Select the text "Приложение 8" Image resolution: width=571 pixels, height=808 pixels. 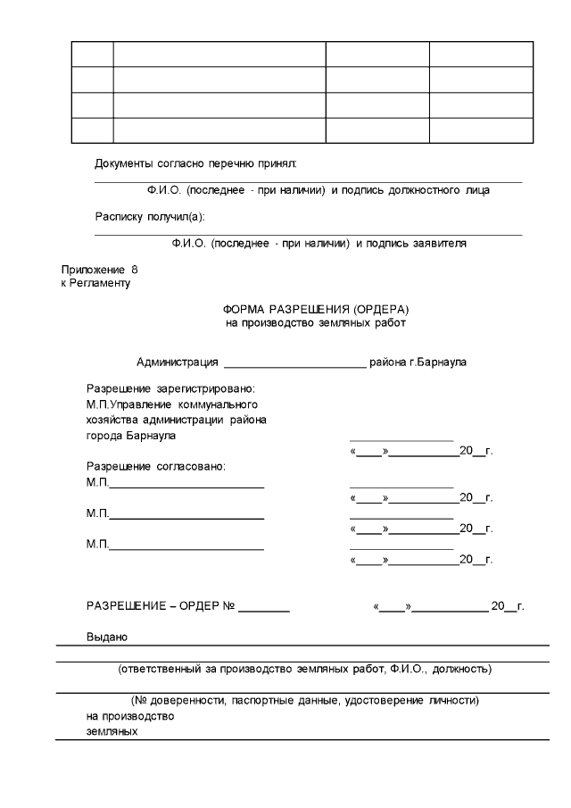[x=100, y=269]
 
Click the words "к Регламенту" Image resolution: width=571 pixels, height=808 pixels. [x=95, y=283]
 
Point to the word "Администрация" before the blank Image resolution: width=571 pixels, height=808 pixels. [x=177, y=362]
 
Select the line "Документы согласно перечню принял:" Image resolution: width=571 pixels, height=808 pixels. [x=194, y=163]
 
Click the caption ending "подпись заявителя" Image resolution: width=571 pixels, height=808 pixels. [x=319, y=243]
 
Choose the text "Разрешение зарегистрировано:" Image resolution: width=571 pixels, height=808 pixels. [x=170, y=389]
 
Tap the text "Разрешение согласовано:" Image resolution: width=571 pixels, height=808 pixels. [x=155, y=466]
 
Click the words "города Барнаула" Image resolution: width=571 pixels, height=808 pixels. [x=130, y=436]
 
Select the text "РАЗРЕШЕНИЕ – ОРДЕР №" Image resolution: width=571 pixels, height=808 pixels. [x=160, y=606]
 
